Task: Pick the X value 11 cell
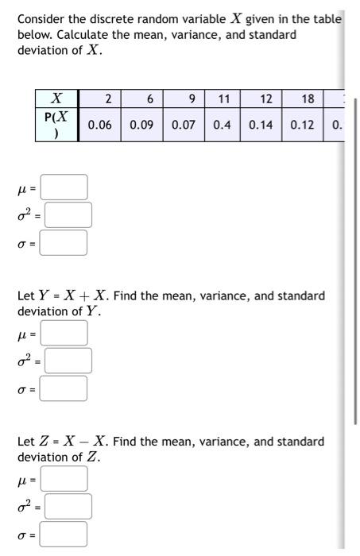point(224,99)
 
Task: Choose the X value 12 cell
point(265,99)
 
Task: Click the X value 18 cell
point(308,99)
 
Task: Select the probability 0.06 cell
point(100,125)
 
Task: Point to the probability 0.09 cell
point(141,125)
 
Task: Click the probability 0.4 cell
point(224,125)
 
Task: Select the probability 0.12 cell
point(302,125)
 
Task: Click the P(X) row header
point(56,125)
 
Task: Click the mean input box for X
point(64,188)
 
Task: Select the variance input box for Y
point(67,361)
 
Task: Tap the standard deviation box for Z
point(64,535)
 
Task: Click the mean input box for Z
point(64,479)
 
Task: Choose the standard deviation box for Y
point(64,388)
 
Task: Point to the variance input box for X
point(67,214)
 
